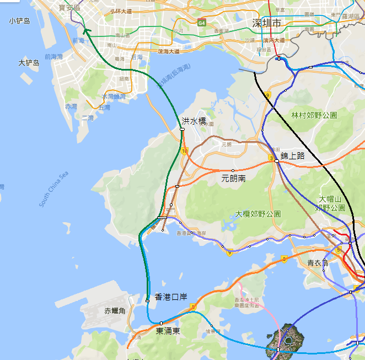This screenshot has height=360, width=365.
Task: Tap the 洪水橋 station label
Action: pos(194,121)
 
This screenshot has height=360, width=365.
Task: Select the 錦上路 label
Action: pos(292,156)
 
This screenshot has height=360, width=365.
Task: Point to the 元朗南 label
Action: pos(233,178)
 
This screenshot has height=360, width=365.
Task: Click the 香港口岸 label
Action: pos(171,297)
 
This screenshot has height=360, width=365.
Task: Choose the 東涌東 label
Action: pos(168,331)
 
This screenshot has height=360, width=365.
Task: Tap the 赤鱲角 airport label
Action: pos(115,311)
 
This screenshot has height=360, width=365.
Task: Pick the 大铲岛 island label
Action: pos(29,63)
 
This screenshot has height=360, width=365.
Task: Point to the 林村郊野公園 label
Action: pos(314,115)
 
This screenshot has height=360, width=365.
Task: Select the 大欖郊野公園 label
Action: pos(258,213)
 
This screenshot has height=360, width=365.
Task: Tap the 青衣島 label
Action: pos(318,263)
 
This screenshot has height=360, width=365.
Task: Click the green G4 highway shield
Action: pos(202,23)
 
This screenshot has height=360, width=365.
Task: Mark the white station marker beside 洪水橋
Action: pos(182,129)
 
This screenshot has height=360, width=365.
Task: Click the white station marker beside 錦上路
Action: pos(276,161)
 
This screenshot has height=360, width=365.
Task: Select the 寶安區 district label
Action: pos(69,8)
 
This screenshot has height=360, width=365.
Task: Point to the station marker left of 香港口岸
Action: pos(147,300)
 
